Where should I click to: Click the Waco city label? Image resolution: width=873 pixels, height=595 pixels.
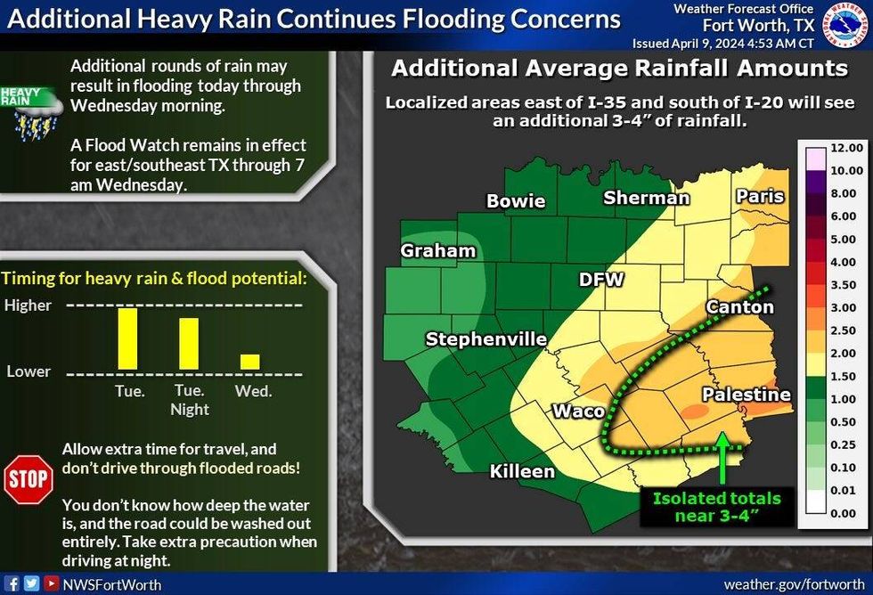click(x=579, y=411)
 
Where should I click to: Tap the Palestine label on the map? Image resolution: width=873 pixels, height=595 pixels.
click(x=746, y=394)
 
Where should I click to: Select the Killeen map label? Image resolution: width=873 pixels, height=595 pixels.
click(x=523, y=470)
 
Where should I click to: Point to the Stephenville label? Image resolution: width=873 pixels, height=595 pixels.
click(x=485, y=338)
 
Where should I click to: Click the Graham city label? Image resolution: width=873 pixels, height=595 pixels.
click(x=437, y=250)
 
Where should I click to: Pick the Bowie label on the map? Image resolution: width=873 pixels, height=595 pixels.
click(x=516, y=200)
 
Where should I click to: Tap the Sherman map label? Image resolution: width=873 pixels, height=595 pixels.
click(x=647, y=197)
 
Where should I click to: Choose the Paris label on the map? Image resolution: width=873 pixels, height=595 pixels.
click(x=760, y=196)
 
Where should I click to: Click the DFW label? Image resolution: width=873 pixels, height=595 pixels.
click(x=601, y=279)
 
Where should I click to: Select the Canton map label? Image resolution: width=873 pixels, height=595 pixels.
click(x=739, y=306)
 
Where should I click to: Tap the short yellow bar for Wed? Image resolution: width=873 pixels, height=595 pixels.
click(x=250, y=362)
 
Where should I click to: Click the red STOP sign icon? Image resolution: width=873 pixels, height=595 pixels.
click(x=28, y=479)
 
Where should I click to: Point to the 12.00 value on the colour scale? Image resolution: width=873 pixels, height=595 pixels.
click(x=844, y=147)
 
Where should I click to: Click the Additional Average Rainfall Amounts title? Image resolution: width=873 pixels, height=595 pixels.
click(x=620, y=69)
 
